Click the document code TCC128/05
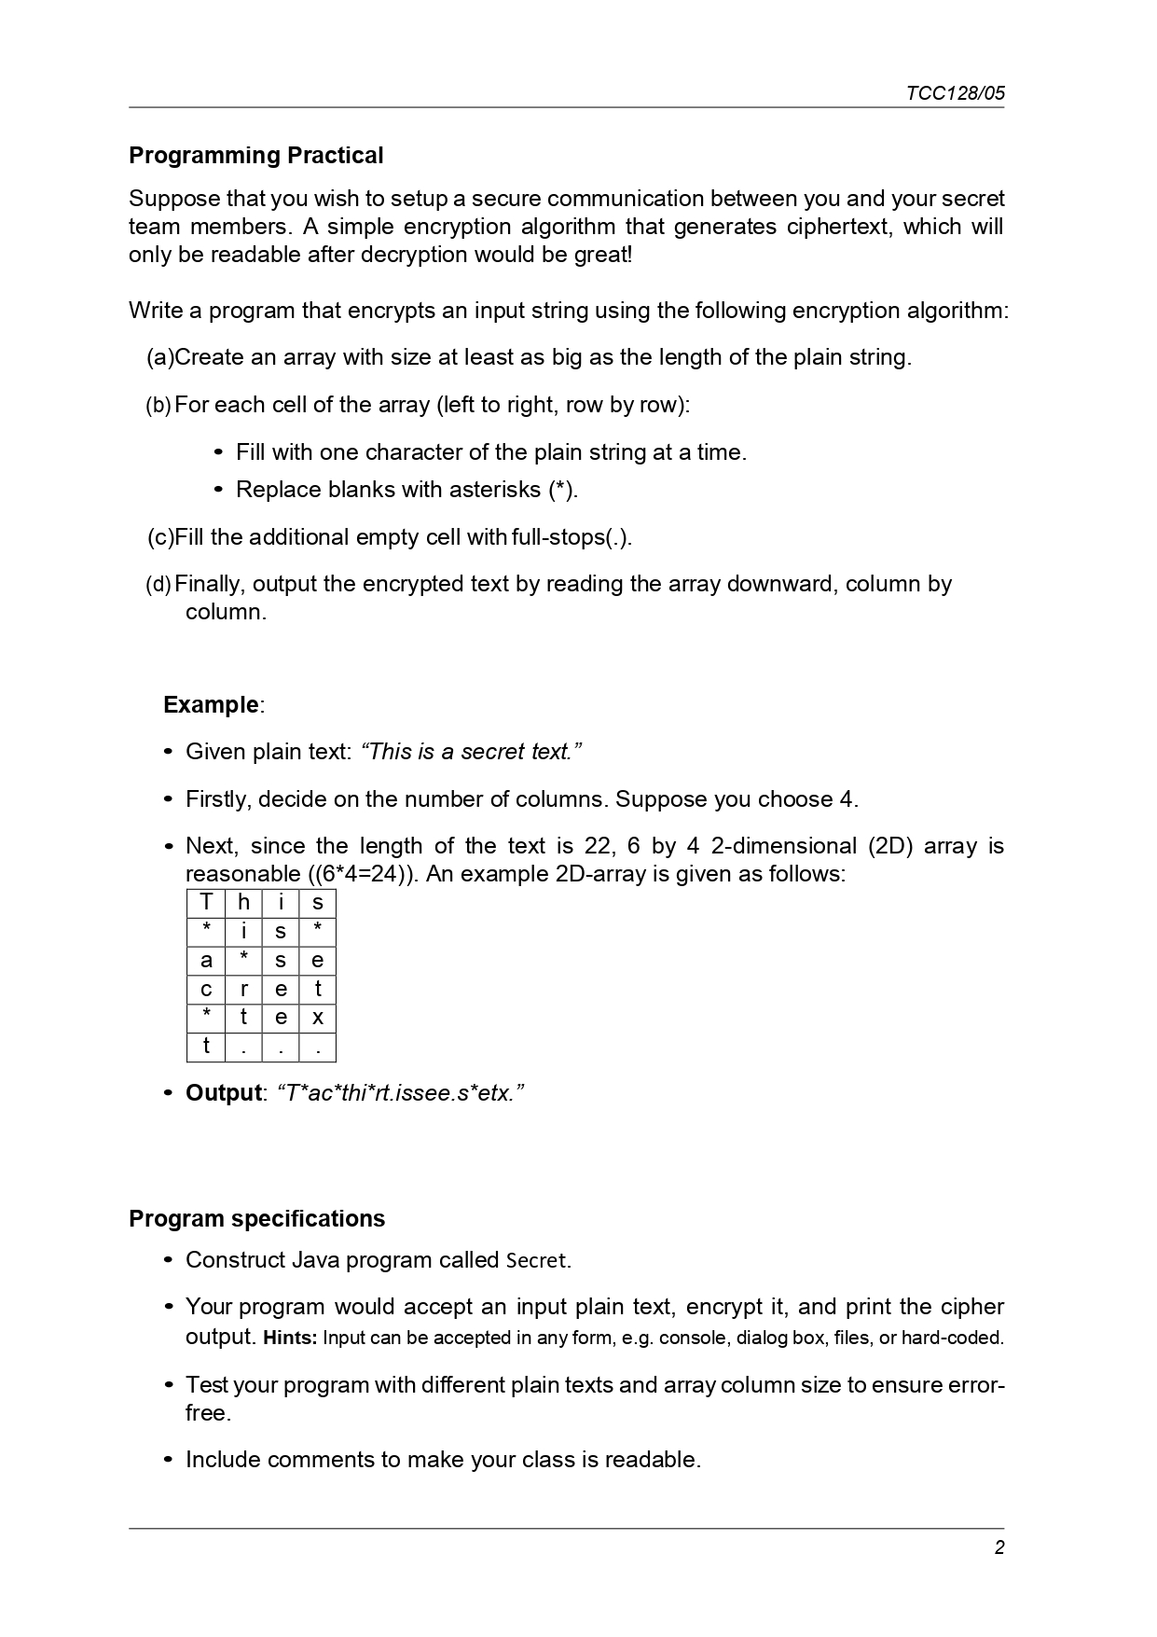955,93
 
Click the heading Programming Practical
255,155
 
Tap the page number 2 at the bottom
999,1547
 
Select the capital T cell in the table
206,902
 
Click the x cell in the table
317,1018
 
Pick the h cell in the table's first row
243,902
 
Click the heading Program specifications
256,1218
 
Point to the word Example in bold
211,704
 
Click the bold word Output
223,1092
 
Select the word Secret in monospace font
535,1260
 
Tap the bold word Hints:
291,1338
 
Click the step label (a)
159,357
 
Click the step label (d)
158,585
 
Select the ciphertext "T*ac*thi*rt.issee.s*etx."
401,1092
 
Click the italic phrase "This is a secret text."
471,752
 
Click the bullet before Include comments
169,1460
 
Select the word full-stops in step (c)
558,537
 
